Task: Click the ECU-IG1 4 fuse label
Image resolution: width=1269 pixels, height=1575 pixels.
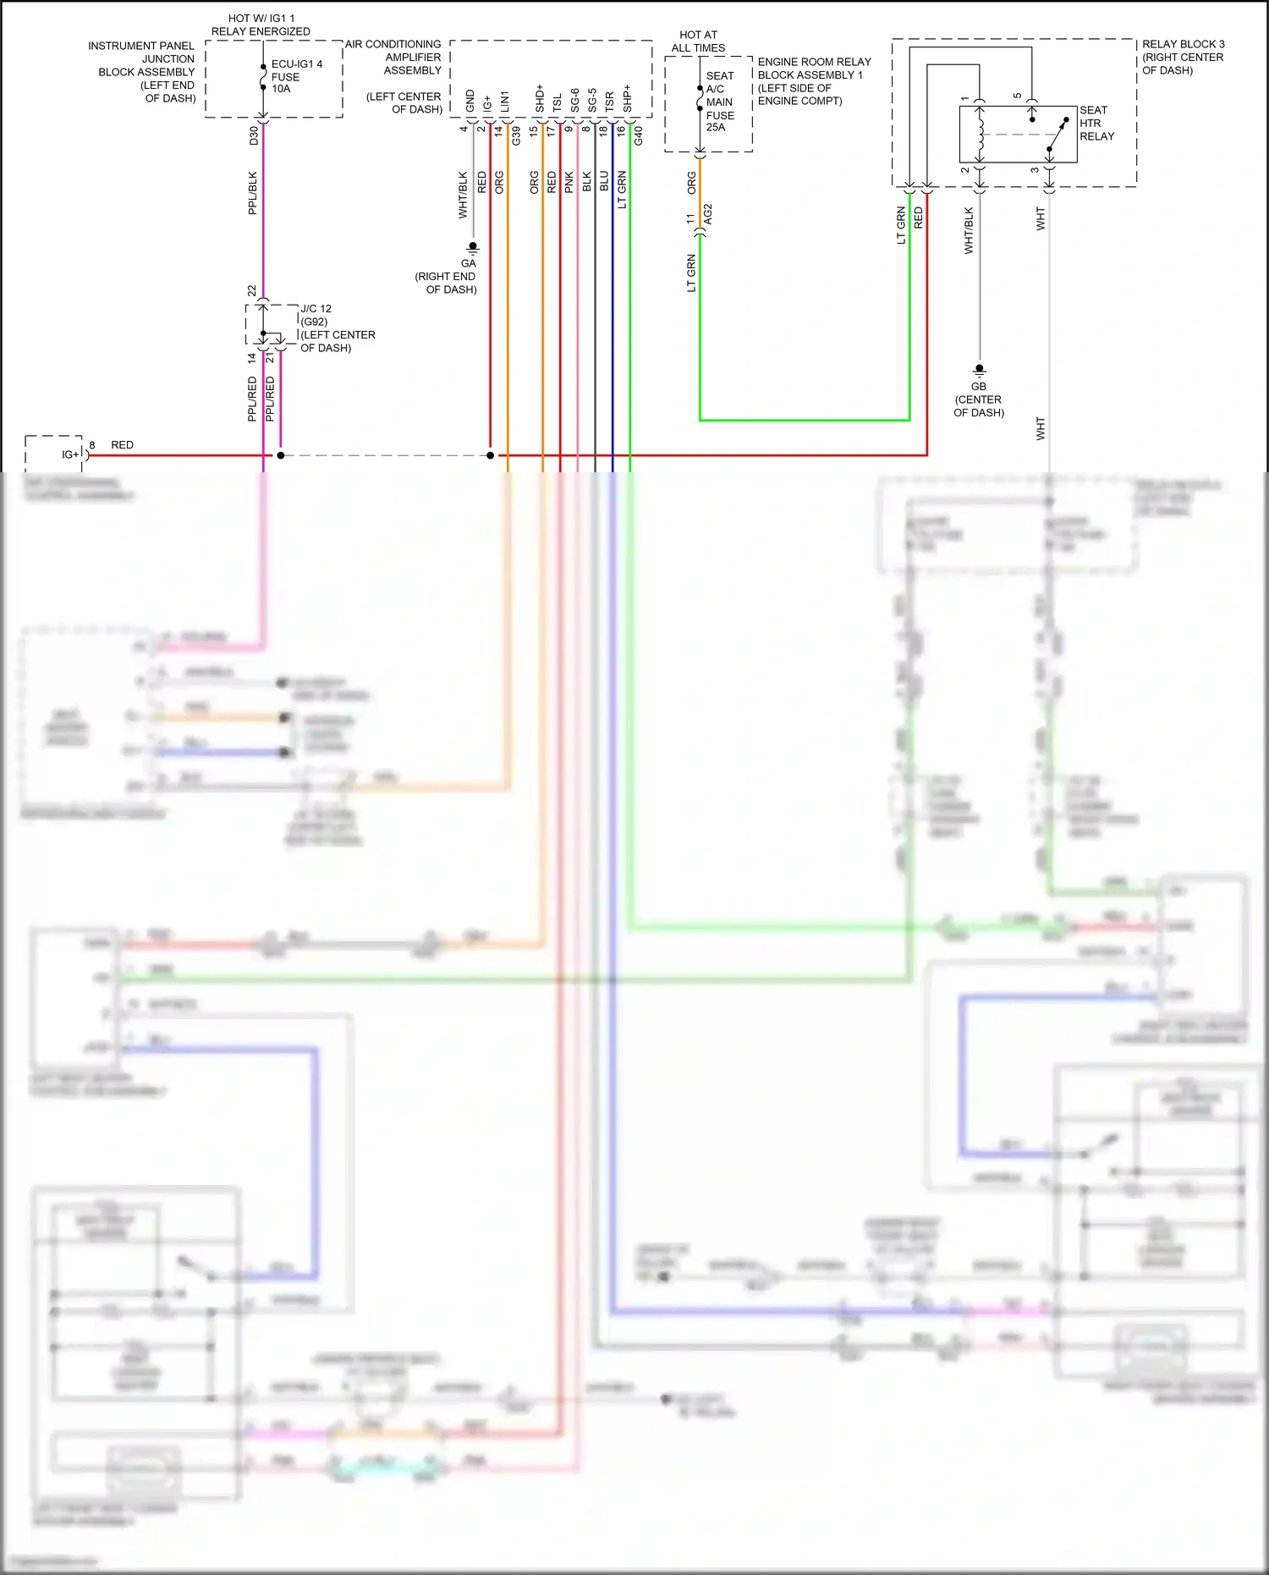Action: (x=295, y=76)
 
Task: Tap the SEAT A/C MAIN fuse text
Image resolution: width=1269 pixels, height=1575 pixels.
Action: (x=720, y=102)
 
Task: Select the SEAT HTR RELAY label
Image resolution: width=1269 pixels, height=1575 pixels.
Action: (x=1096, y=124)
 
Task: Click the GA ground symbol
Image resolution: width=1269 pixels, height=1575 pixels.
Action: (x=473, y=247)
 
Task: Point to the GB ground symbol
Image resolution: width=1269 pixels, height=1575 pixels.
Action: (x=979, y=370)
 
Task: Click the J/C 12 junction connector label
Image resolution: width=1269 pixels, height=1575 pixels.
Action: (x=316, y=309)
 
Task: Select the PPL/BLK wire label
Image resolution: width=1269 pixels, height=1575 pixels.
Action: (x=253, y=193)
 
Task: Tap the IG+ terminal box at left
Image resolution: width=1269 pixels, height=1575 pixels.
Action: (x=56, y=454)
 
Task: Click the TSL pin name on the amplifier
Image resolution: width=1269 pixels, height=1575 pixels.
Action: (x=557, y=102)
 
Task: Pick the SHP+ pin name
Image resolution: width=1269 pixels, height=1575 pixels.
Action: (x=627, y=98)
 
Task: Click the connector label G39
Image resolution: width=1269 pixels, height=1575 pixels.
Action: (x=516, y=135)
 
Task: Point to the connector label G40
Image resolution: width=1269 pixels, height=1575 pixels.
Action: (x=639, y=135)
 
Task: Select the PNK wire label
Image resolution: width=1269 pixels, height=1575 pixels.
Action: (x=569, y=182)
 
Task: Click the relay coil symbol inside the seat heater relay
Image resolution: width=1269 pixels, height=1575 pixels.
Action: (x=981, y=134)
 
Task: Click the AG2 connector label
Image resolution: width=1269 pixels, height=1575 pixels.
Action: (x=708, y=214)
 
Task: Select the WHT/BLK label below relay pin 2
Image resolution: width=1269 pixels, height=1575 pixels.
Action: (x=970, y=230)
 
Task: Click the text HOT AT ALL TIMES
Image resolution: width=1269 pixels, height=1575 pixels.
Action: (x=698, y=41)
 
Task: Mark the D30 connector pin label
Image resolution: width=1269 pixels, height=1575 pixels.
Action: (x=254, y=135)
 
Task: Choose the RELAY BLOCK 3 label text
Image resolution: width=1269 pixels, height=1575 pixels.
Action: (x=1183, y=57)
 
